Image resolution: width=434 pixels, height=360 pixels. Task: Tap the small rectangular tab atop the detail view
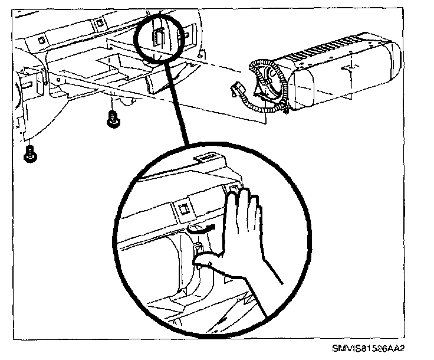pyautogui.click(x=205, y=157)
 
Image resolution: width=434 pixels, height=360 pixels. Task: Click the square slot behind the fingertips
pyautogui.click(x=233, y=189)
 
